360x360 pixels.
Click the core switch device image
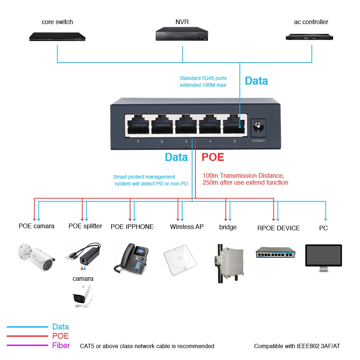click(58, 36)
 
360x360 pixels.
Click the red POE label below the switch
click(213, 157)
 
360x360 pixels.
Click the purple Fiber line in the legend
click(27, 346)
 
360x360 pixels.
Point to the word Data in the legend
click(60, 327)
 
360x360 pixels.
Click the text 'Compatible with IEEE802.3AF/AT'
click(297, 346)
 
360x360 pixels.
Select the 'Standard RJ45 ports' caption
click(203, 78)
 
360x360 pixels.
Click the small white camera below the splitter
click(82, 295)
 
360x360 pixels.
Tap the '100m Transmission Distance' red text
click(243, 176)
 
